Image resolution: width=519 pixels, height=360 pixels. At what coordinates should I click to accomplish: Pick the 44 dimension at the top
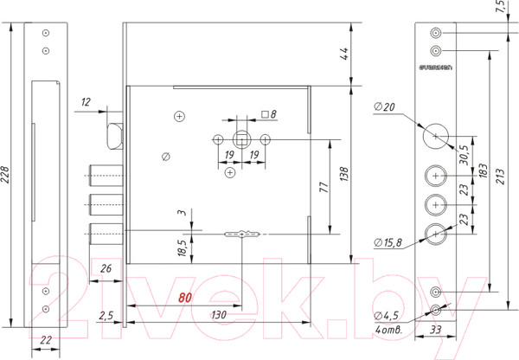tap(343, 55)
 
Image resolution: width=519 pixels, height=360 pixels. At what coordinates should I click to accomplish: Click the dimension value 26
tap(106, 268)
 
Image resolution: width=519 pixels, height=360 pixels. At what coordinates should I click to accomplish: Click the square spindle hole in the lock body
tap(241, 138)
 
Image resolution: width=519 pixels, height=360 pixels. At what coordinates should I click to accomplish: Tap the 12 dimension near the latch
tap(86, 103)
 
